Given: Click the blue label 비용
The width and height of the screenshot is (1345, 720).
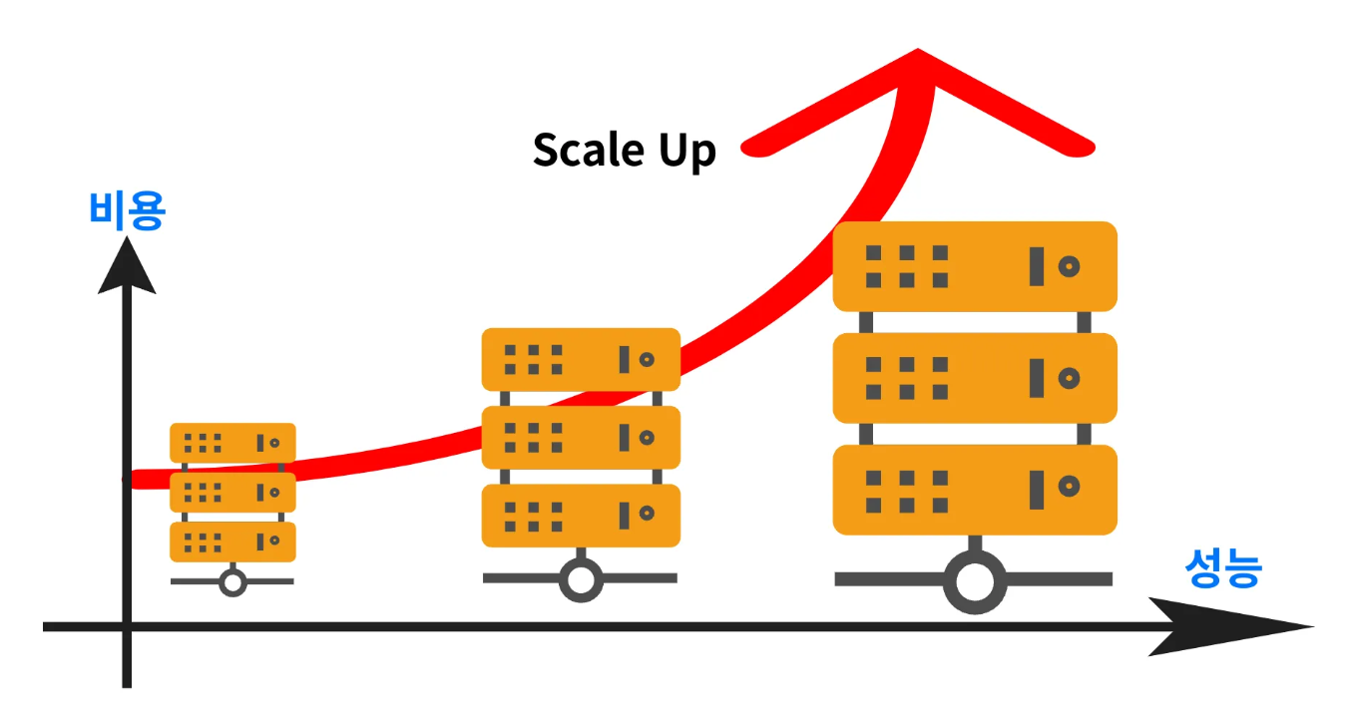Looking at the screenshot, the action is pos(127,211).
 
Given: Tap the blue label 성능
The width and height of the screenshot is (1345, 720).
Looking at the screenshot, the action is pos(1223,569).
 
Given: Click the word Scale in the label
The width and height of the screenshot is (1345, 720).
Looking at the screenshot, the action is pos(588,151).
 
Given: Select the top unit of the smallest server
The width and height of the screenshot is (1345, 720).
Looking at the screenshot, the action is pos(232,442).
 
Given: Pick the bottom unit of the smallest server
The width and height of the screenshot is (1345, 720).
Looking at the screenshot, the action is pos(232,541).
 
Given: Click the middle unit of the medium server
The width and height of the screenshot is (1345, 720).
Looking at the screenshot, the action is pos(581,437).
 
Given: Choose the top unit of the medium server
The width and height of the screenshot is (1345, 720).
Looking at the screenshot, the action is pos(581,359).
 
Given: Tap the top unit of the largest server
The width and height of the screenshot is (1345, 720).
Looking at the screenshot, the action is pos(975,266).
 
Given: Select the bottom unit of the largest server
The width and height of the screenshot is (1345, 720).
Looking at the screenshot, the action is pos(975,489).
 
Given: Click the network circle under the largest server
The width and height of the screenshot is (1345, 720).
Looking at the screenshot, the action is pos(974,581).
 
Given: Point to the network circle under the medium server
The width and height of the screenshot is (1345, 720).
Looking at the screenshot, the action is pos(581,578).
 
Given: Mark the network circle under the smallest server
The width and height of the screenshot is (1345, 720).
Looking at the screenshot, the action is pos(232,581).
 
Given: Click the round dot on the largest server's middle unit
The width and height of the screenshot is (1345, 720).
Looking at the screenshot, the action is pos(1069,378).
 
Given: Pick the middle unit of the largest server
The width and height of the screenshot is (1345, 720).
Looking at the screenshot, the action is pos(975,378).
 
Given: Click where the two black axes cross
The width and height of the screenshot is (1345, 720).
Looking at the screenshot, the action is pos(127,626).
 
